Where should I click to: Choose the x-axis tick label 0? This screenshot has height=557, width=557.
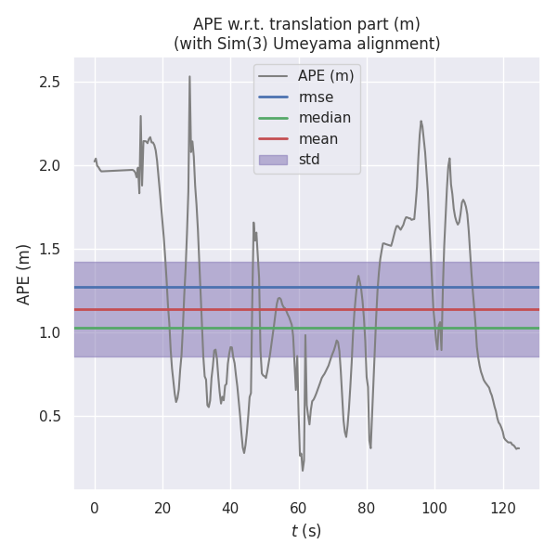coord(95,507)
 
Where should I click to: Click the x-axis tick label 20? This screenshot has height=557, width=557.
coord(162,507)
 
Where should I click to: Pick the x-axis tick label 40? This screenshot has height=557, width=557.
coord(230,507)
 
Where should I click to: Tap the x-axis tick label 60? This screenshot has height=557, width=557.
coord(298,507)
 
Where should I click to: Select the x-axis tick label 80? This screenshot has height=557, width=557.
coord(366,507)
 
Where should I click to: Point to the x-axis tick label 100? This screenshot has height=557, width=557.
coord(434,507)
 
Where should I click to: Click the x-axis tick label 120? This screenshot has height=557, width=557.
coord(501,507)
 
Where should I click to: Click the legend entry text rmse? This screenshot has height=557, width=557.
coord(316,97)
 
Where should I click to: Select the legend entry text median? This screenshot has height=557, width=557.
coord(324,118)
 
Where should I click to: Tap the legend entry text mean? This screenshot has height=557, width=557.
coord(317,138)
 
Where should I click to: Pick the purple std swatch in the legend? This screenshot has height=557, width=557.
coord(274,160)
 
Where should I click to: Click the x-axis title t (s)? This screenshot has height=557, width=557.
coord(306,531)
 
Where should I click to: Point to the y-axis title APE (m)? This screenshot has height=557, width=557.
coord(24,274)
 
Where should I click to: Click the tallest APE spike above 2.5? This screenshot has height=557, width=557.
coord(189,78)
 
